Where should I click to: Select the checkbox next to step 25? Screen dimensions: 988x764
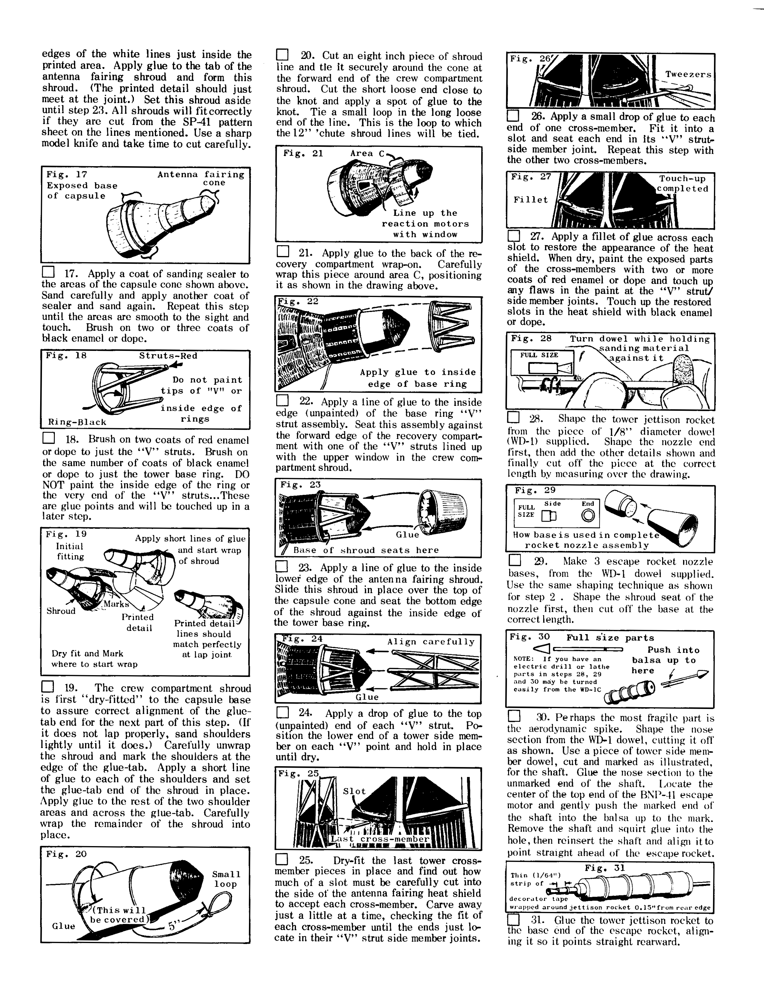[x=282, y=859]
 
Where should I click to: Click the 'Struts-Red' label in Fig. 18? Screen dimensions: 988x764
[x=168, y=356]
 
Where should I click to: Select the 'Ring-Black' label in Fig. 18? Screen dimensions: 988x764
[x=77, y=422]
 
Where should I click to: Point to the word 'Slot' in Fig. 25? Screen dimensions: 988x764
[x=354, y=791]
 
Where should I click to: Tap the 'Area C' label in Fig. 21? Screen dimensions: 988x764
[x=367, y=153]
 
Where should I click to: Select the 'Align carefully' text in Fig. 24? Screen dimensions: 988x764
[x=431, y=642]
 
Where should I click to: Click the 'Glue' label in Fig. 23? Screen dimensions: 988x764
[x=407, y=534]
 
